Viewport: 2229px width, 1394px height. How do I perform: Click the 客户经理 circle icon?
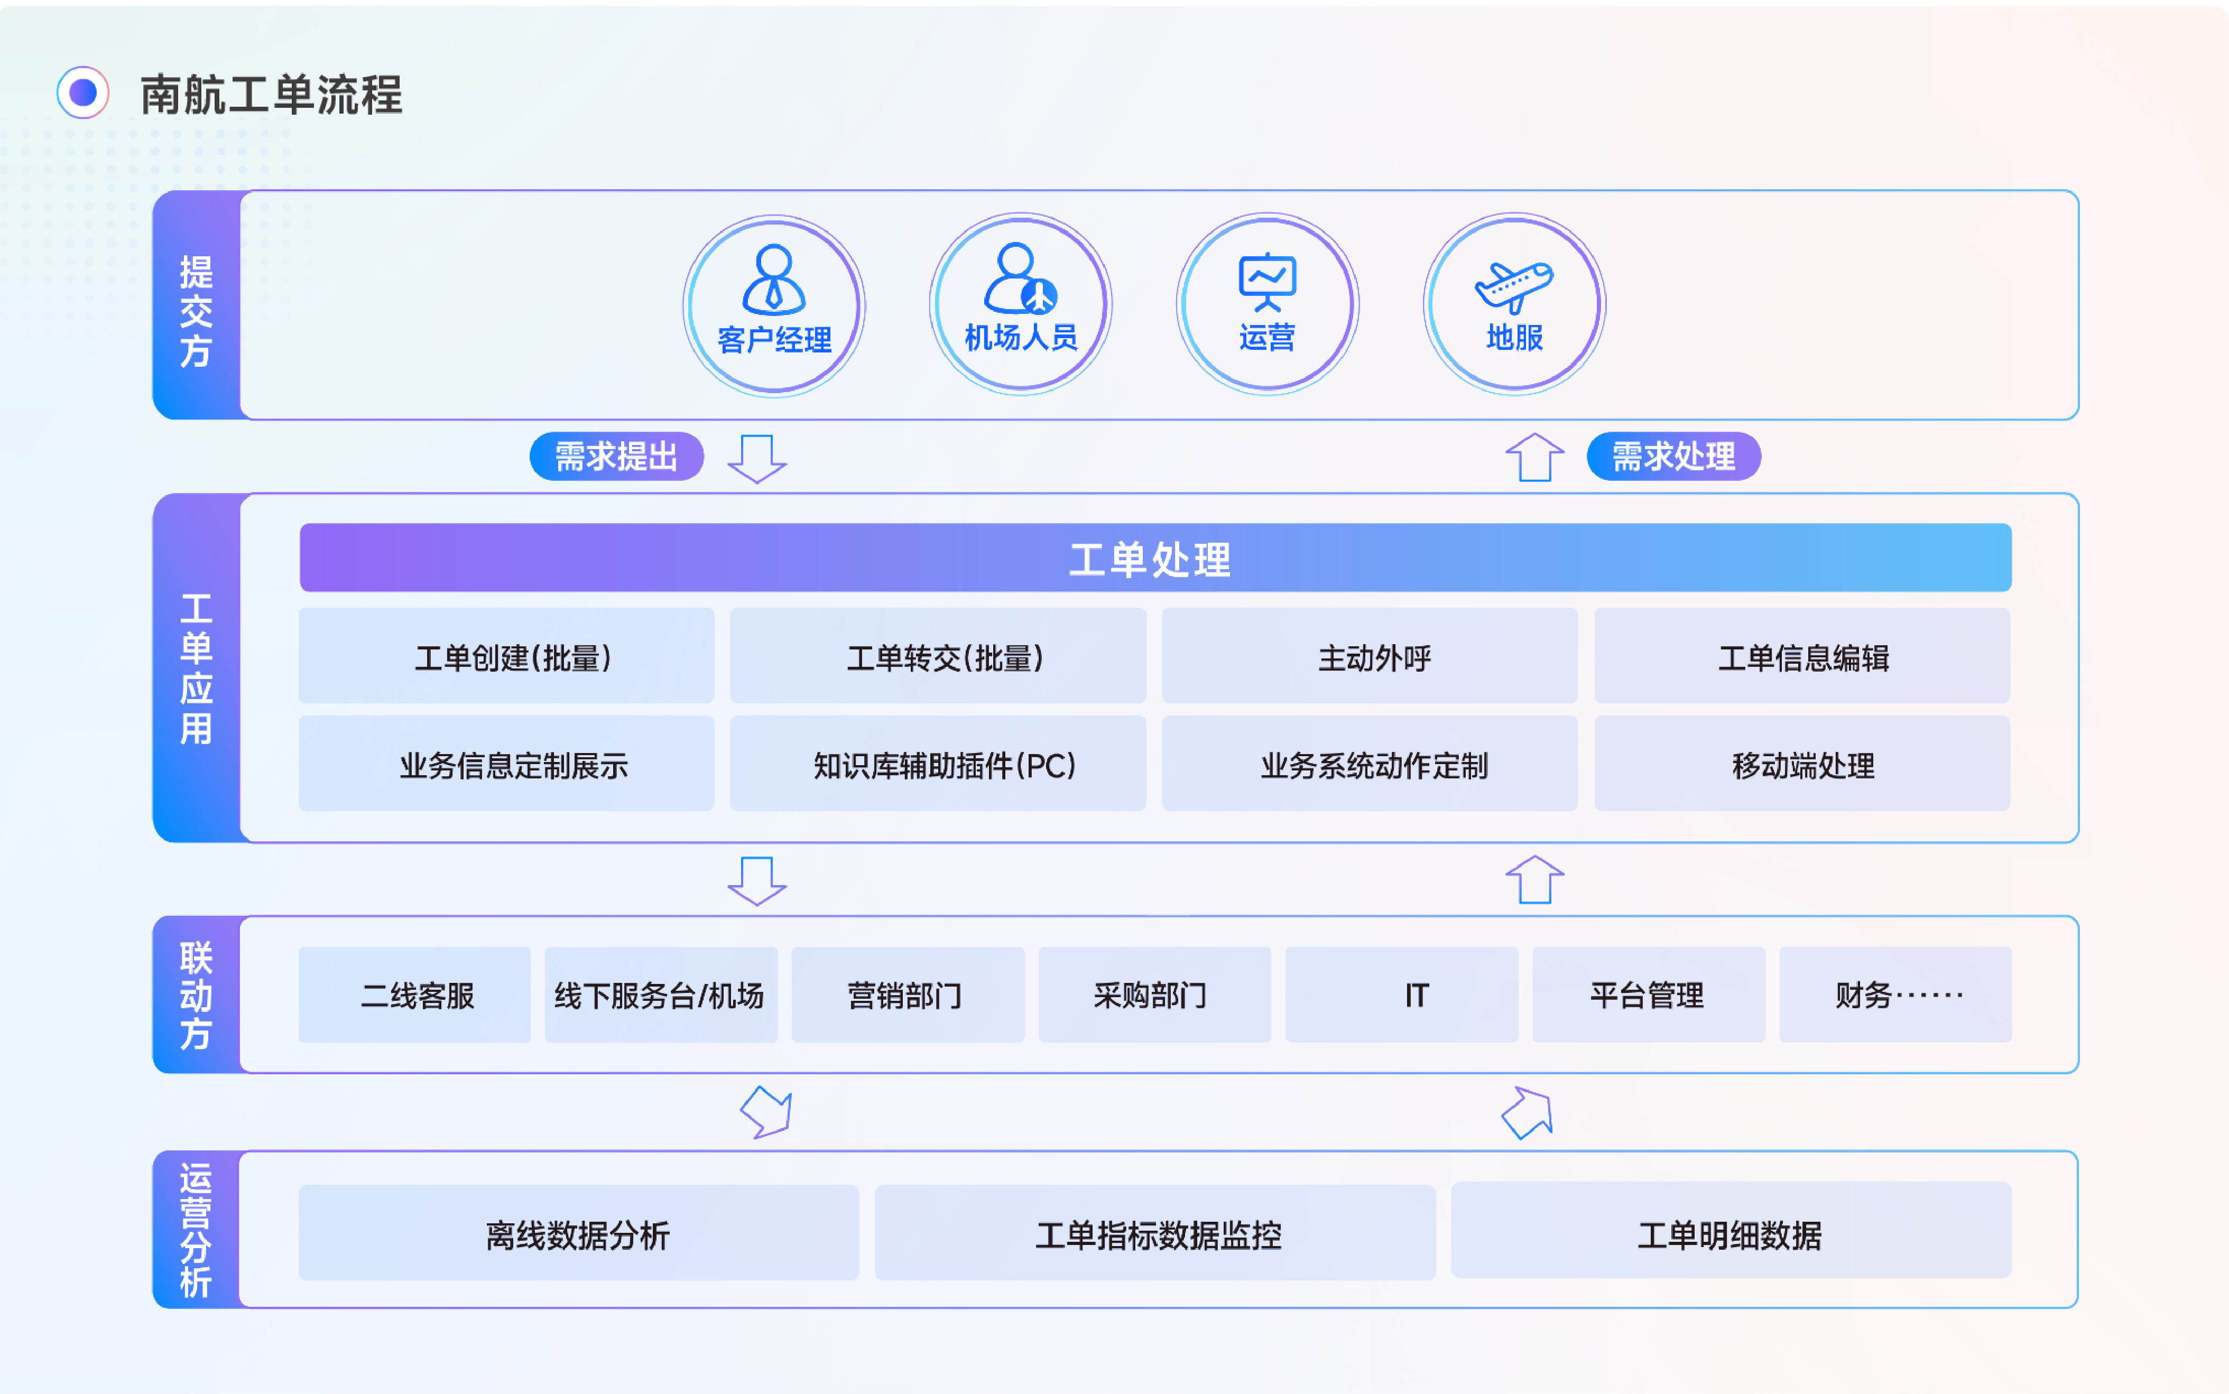pos(774,305)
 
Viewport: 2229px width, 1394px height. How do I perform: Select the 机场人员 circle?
pos(1020,304)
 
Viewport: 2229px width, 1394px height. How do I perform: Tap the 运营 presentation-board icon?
pos(1267,281)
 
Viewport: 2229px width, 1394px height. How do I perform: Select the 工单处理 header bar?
pos(1154,558)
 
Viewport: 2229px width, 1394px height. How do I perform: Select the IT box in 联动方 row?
pos(1401,995)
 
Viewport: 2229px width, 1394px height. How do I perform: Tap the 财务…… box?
pos(1894,995)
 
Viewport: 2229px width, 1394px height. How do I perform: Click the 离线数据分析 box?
pos(578,1233)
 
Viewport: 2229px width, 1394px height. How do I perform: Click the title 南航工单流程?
pos(271,95)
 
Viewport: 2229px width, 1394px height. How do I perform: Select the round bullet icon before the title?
pos(83,92)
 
